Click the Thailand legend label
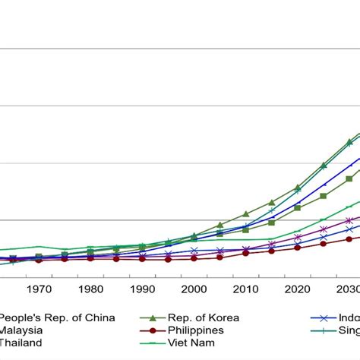click(x=21, y=343)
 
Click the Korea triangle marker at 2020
click(x=297, y=187)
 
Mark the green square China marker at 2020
click(x=297, y=207)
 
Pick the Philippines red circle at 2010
click(x=245, y=253)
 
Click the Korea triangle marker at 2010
click(x=245, y=214)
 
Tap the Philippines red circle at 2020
click(x=297, y=247)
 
